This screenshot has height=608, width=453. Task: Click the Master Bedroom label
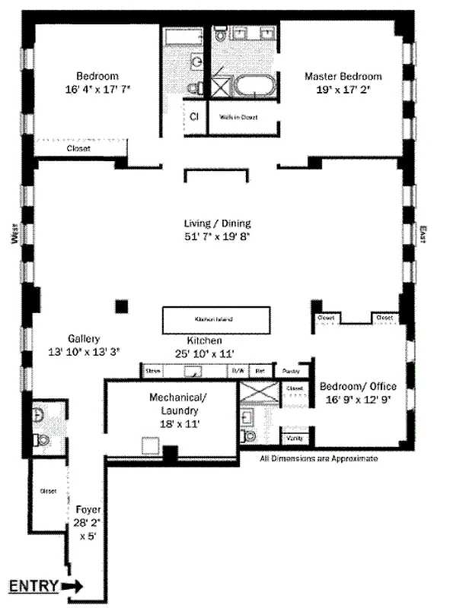(343, 76)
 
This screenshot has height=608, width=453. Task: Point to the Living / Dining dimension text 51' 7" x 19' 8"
(217, 236)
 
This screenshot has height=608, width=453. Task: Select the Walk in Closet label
(239, 118)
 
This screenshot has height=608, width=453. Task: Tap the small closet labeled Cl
(194, 117)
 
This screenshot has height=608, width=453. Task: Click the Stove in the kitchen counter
(155, 371)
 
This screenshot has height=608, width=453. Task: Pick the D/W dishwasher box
(238, 371)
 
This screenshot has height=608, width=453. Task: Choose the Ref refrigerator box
(260, 371)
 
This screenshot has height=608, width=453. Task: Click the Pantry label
(291, 371)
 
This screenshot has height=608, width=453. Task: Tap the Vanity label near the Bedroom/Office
(293, 439)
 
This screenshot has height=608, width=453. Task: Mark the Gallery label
(83, 338)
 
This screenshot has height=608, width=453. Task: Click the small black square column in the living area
(120, 306)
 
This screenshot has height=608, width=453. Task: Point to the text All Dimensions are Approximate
(319, 459)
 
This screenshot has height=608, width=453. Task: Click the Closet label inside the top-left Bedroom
(78, 149)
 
